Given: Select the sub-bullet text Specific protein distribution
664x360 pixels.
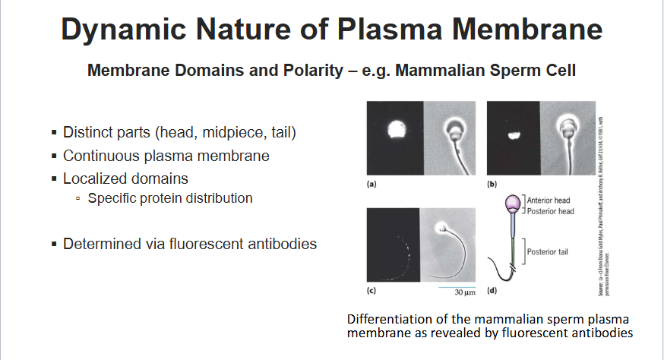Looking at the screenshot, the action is point(170,198).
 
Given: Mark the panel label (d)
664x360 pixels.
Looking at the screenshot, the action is point(492,290).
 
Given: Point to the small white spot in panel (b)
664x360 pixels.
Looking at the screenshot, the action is point(513,137).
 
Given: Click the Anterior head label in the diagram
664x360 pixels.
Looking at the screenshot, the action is point(552,201).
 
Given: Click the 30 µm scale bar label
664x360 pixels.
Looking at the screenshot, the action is point(463,292).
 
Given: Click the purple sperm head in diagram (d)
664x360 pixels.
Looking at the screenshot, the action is point(513,204).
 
